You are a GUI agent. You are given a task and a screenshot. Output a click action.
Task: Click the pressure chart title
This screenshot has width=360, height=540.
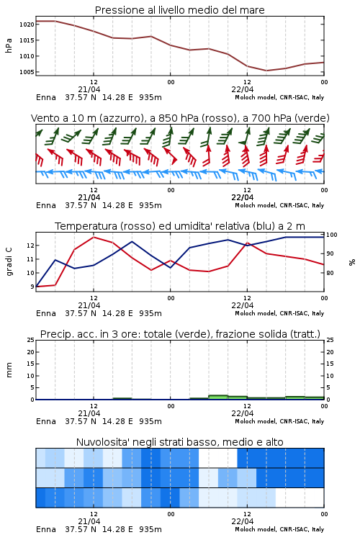coord(179,10)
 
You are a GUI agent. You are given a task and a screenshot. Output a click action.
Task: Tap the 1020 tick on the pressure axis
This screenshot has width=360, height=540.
coord(27,24)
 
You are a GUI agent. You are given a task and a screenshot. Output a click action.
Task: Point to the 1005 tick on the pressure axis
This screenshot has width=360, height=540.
coord(27,72)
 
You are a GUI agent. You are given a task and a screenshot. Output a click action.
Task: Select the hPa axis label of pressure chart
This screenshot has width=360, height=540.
coord(9,45)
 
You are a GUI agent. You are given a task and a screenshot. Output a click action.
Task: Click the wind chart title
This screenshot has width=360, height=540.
coord(180,118)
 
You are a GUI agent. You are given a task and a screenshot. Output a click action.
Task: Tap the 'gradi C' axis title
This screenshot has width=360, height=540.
coord(9,262)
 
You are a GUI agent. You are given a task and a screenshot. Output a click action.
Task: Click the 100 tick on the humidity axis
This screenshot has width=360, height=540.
coord(332,235)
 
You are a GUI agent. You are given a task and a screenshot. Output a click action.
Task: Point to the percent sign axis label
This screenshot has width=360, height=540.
coord(352,262)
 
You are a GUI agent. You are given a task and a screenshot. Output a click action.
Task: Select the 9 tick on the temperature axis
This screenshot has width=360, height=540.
coord(32,287)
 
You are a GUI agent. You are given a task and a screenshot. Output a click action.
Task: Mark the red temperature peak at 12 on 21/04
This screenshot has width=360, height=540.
coord(94,237)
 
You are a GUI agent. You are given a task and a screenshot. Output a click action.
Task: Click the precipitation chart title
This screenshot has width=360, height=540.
coord(180,334)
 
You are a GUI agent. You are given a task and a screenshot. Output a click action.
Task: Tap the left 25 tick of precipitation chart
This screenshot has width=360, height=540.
coord(31,341)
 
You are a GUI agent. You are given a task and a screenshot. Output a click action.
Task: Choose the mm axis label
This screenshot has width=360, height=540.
coord(9,370)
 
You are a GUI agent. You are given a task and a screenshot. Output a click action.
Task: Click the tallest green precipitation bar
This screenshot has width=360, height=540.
coord(218,397)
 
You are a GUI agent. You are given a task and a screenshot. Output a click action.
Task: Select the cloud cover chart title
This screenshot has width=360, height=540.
coord(179,442)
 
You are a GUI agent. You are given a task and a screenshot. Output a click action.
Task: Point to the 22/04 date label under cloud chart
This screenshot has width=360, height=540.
coord(243,521)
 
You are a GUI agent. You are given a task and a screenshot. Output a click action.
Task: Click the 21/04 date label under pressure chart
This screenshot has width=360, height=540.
coord(89,89)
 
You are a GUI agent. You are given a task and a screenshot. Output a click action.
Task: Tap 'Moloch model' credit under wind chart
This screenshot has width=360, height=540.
coord(256,205)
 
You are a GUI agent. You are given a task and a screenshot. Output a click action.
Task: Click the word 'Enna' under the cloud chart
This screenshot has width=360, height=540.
coord(46,529)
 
